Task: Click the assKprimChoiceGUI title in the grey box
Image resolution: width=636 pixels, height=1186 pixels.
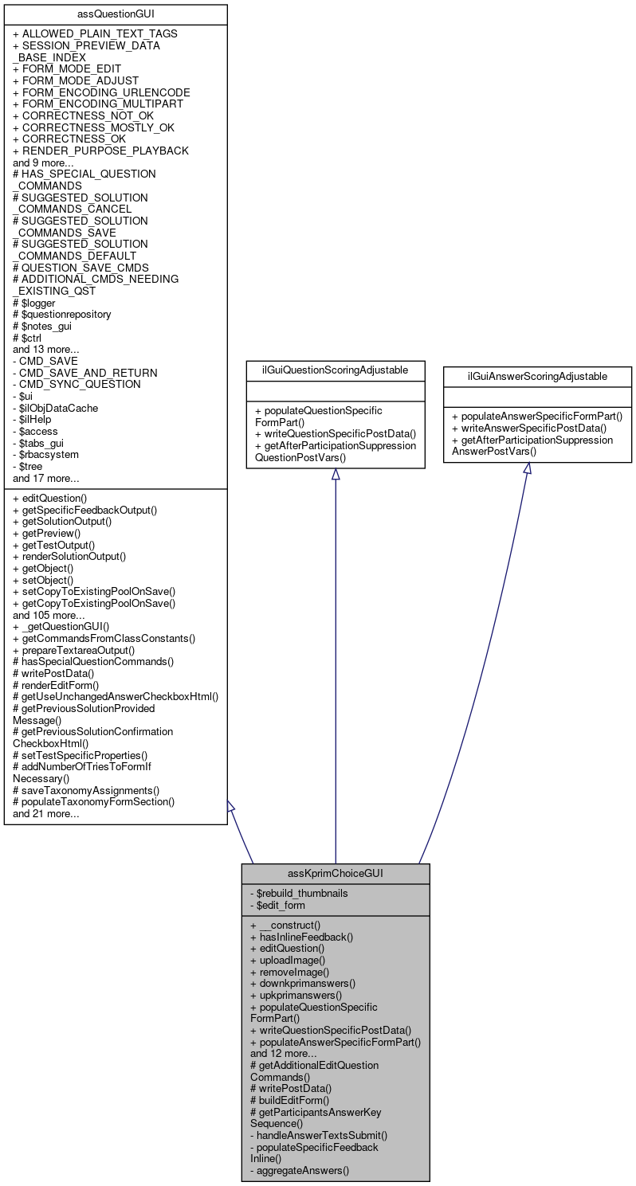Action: (336, 873)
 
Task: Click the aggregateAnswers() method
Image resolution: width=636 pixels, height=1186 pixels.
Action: (303, 1170)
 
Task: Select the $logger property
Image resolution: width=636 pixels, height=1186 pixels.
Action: (38, 303)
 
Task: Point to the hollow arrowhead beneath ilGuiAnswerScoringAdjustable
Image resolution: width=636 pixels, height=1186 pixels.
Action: (527, 468)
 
